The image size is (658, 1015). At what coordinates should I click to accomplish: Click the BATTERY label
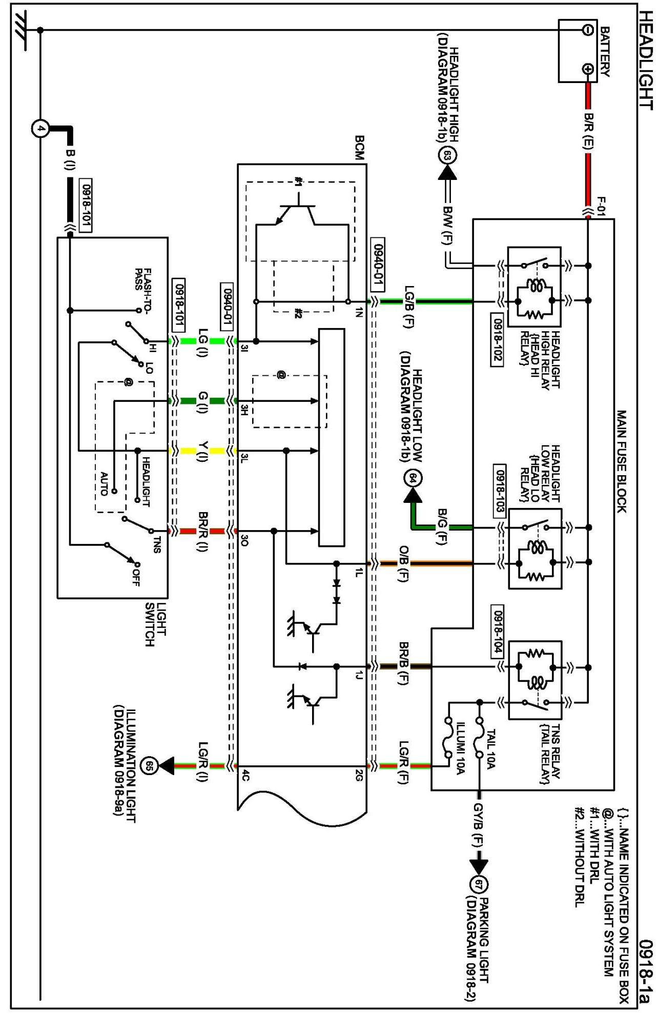point(605,52)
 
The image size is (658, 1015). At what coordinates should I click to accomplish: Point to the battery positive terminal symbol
point(588,69)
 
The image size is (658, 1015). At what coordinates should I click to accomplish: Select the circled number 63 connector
point(447,155)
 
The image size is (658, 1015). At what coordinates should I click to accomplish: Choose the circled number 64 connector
point(413,478)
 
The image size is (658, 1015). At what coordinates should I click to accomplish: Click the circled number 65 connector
point(150,766)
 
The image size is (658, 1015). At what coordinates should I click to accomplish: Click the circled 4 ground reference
point(40,128)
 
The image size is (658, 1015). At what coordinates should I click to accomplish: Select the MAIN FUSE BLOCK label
point(621,461)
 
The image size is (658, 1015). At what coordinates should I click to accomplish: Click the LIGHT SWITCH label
point(155,624)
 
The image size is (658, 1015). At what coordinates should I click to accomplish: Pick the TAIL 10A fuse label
point(490,749)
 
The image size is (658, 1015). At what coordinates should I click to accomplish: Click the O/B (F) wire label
point(403,563)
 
